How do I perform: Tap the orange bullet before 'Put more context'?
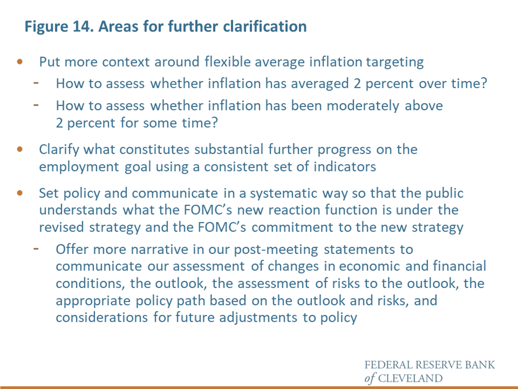[x=20, y=62]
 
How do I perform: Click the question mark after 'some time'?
[x=214, y=123]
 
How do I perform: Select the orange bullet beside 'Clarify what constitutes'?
[x=20, y=149]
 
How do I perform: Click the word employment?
[x=79, y=166]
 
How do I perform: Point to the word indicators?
[x=344, y=166]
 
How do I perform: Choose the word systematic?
[x=283, y=193]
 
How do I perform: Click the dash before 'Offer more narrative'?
[x=36, y=248]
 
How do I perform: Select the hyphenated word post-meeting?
[x=276, y=250]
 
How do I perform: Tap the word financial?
[x=459, y=266]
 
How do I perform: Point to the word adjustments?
[x=258, y=318]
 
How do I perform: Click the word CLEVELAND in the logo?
[x=410, y=378]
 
